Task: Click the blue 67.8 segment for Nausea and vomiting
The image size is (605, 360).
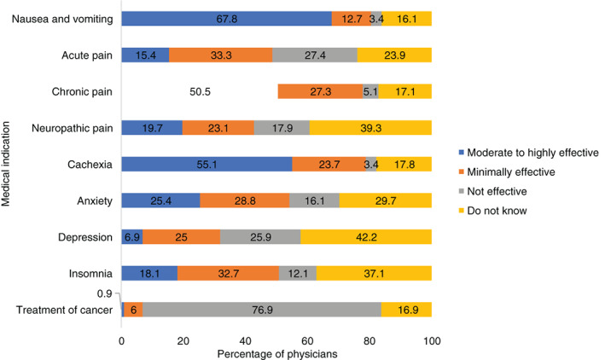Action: click(x=226, y=19)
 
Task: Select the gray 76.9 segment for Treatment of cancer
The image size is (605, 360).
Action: click(x=253, y=311)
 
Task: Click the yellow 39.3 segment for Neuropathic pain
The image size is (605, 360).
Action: click(x=369, y=128)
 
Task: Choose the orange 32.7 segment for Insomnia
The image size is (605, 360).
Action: click(x=228, y=274)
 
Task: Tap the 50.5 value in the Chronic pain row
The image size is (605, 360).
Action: click(x=199, y=91)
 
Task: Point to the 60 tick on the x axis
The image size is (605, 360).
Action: click(x=307, y=340)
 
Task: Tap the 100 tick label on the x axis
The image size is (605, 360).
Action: click(x=431, y=340)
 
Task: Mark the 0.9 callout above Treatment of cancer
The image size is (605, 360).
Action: click(x=105, y=294)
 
